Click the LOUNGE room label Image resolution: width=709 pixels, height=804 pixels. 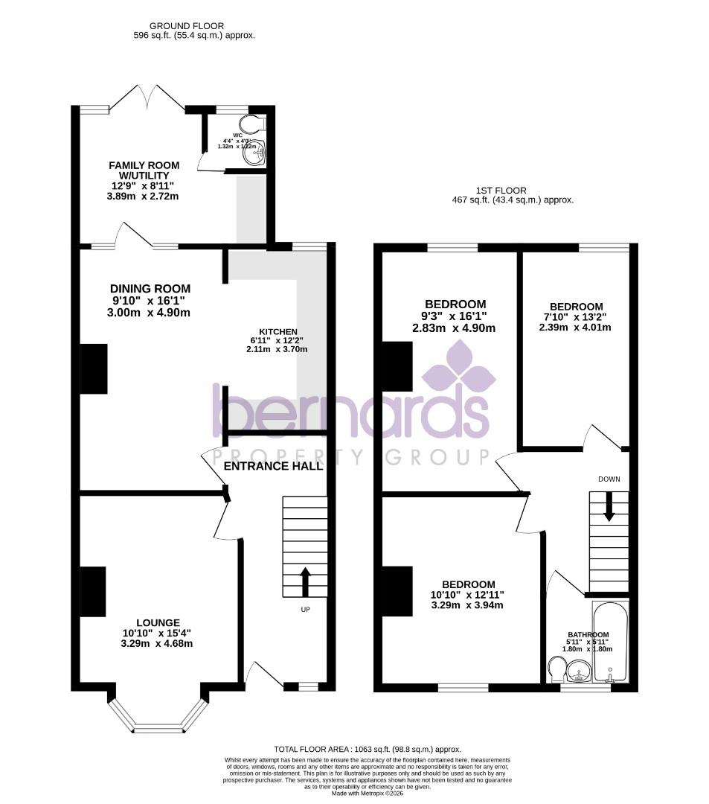point(157,622)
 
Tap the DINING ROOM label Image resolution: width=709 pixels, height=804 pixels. point(150,289)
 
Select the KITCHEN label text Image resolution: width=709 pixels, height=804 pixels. point(277,332)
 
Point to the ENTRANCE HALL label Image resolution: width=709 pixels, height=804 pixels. point(273,466)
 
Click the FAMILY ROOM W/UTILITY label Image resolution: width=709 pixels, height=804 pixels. point(144,170)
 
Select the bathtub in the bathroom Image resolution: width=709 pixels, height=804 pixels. point(610,642)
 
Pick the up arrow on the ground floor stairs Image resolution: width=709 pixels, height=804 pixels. point(305,581)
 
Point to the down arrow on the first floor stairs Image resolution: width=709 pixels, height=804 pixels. point(609,507)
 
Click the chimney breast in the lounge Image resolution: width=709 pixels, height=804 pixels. point(93,592)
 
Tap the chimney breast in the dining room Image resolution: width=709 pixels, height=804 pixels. point(93,368)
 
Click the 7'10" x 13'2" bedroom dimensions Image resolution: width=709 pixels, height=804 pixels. point(576,327)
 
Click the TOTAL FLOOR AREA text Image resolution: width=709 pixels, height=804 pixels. point(368,749)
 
